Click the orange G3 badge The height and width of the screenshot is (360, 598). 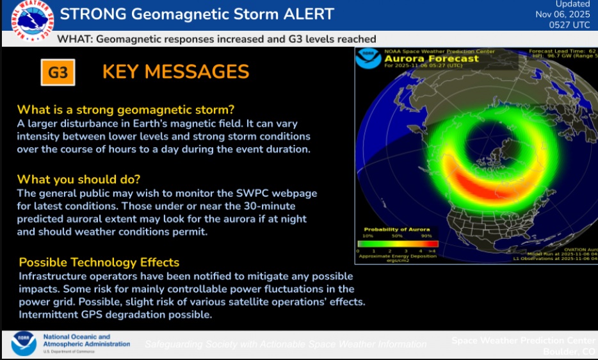coord(58,72)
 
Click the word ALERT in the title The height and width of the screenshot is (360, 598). coord(300,13)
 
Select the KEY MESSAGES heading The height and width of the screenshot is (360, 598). coord(175,71)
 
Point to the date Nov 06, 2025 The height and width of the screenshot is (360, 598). coord(563,15)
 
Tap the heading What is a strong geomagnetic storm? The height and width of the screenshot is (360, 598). coord(125,109)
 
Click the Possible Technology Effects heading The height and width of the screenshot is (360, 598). coord(99,263)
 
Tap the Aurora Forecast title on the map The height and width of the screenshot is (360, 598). coord(431,59)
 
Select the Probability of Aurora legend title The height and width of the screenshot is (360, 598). coord(397,229)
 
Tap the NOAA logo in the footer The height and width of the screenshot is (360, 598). coord(24,344)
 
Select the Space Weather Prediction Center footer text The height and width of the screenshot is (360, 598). coord(522,340)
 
